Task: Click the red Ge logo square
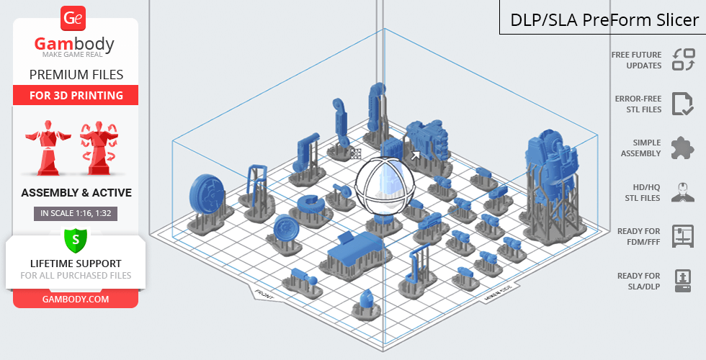tap(73, 19)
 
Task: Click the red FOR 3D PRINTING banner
tap(76, 95)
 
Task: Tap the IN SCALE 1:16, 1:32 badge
tap(76, 213)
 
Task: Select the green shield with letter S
tap(76, 240)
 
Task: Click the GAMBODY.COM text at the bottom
tap(76, 300)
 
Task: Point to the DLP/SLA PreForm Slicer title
tap(604, 20)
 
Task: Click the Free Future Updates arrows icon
tap(684, 59)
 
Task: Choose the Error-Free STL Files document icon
tap(683, 104)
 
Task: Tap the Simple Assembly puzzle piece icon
tap(683, 148)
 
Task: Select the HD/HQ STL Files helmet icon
tap(683, 192)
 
